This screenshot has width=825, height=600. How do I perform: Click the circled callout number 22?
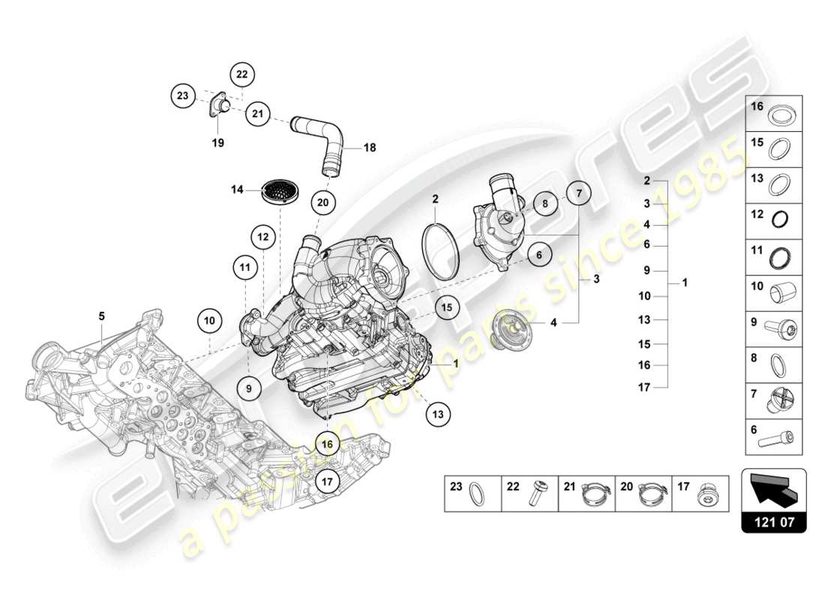click(x=242, y=74)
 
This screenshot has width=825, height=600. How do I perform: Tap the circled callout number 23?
click(x=182, y=95)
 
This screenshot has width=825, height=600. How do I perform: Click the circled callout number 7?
click(x=578, y=193)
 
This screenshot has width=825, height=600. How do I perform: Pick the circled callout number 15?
click(x=447, y=307)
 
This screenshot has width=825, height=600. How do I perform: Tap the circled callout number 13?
click(x=439, y=412)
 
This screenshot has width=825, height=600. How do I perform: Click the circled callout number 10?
click(x=211, y=321)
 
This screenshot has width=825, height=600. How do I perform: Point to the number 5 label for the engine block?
click(x=101, y=316)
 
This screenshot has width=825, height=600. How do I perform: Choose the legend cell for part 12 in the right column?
click(x=773, y=218)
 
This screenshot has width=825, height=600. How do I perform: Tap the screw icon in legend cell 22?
click(x=538, y=493)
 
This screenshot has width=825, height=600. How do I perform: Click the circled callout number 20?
click(x=322, y=202)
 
